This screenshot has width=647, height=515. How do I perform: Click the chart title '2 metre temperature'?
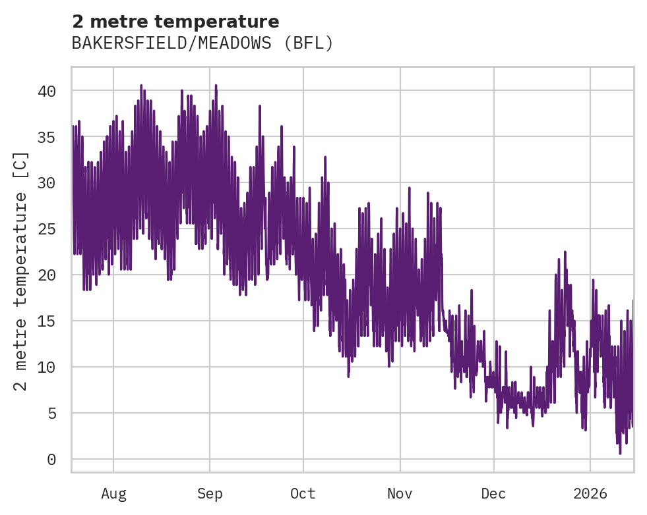(x=175, y=22)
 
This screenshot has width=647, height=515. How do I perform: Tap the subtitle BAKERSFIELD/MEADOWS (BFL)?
(x=202, y=43)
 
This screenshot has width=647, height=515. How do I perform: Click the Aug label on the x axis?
(x=113, y=494)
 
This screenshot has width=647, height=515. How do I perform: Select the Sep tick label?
(x=210, y=494)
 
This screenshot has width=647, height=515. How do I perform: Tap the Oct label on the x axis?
(x=303, y=494)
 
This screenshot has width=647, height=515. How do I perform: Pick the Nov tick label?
(x=400, y=494)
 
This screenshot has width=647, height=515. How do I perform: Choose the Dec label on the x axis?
(x=493, y=494)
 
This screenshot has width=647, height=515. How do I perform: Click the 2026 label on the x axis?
(x=590, y=494)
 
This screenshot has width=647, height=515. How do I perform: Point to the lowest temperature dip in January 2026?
(x=620, y=452)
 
